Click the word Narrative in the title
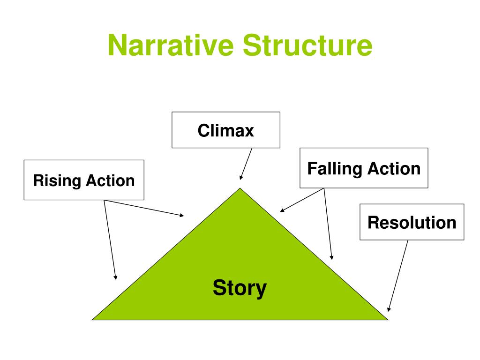[171, 45]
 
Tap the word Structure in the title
[307, 45]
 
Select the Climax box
[226, 130]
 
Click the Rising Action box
[84, 180]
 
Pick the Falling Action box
[364, 168]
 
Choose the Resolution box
[412, 222]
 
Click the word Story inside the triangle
[240, 288]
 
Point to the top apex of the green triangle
[240, 188]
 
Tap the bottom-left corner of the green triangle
[92, 320]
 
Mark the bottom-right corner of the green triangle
[388, 320]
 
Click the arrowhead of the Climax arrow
[241, 178]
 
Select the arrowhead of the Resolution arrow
[389, 309]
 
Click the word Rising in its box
[57, 180]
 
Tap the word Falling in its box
[335, 169]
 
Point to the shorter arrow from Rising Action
[144, 208]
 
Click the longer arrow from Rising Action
[110, 240]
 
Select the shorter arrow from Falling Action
[302, 200]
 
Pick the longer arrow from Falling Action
[328, 224]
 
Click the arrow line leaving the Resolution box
[398, 276]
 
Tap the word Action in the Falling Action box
[394, 169]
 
